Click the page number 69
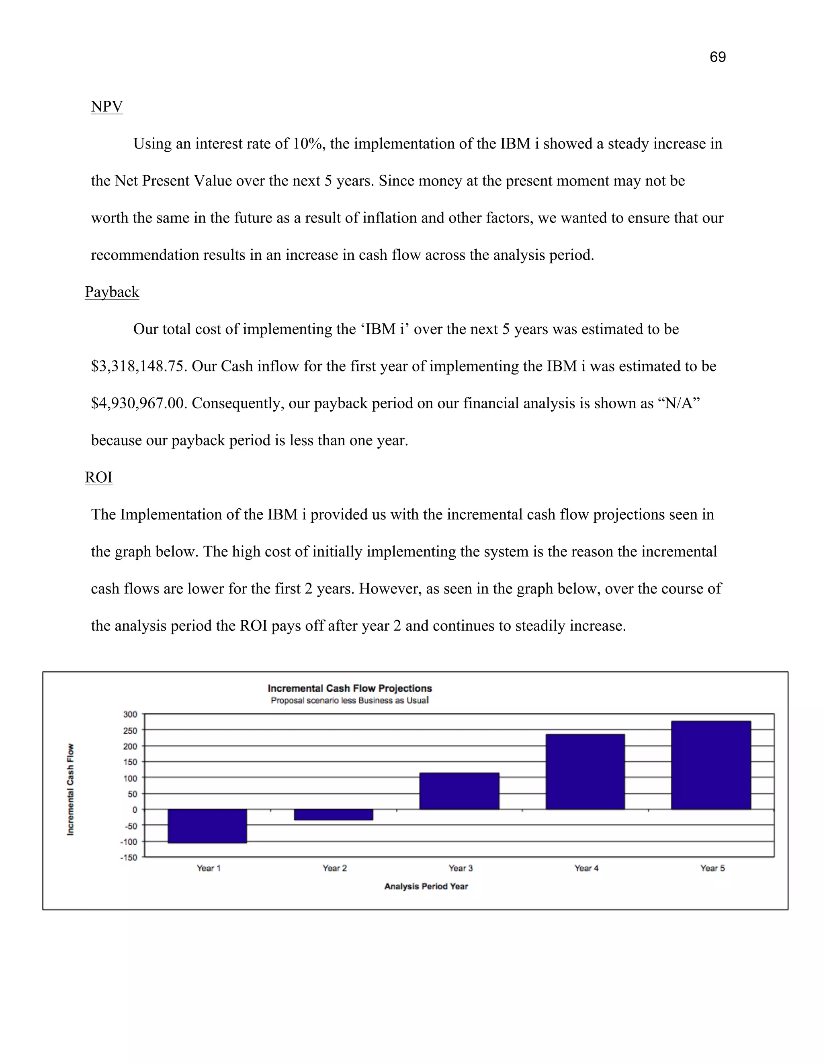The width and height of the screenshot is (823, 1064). click(x=717, y=57)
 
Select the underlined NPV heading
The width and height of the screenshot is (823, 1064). click(x=107, y=106)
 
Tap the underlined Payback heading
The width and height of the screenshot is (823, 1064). click(x=112, y=292)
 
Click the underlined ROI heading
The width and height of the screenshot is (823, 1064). click(x=98, y=477)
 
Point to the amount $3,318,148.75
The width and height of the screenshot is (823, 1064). click(x=139, y=366)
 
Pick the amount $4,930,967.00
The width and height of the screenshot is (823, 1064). click(x=139, y=404)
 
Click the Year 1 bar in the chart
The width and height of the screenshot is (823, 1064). click(x=207, y=826)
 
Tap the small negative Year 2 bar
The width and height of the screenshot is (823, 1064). click(x=334, y=815)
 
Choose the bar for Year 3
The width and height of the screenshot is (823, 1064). click(x=459, y=791)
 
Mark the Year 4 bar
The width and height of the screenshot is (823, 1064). click(x=585, y=772)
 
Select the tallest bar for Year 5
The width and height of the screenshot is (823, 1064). click(x=711, y=765)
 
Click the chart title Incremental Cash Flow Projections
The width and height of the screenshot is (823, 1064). click(x=350, y=688)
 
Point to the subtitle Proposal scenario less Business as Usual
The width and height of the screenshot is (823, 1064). click(x=350, y=701)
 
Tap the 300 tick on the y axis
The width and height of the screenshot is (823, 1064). click(x=130, y=714)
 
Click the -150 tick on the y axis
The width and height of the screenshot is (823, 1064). click(x=129, y=858)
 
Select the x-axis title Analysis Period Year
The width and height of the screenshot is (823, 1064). click(x=426, y=886)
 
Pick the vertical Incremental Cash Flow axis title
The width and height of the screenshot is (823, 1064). click(x=71, y=789)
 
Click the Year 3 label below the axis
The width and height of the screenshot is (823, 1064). click(x=460, y=868)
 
